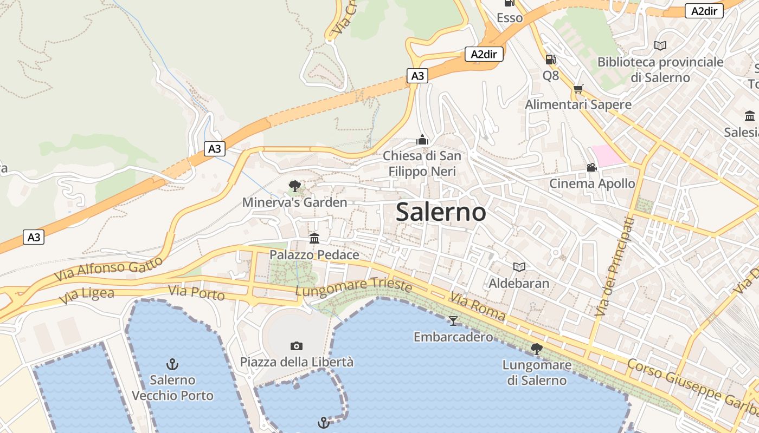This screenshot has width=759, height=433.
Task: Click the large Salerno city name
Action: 441,212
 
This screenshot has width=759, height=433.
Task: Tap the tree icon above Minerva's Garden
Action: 294,187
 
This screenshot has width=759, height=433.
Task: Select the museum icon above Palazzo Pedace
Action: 314,238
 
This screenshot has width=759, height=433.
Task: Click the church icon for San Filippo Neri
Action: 422,140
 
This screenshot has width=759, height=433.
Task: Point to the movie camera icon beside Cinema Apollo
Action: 591,168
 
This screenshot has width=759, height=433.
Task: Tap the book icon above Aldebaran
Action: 519,267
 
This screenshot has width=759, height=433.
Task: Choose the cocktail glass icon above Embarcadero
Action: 453,321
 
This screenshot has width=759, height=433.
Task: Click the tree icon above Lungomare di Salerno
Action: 537,349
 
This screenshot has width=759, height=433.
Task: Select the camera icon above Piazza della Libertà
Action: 296,346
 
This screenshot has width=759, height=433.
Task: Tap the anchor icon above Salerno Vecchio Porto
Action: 172,364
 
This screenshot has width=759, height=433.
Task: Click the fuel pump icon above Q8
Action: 550,60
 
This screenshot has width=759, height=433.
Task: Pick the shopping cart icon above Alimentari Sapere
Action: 578,89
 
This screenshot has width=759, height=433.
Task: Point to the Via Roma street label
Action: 477,306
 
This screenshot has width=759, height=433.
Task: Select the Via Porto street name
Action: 196,293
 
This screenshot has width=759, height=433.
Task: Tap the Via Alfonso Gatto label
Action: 108,269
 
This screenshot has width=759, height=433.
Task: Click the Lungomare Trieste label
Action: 353,286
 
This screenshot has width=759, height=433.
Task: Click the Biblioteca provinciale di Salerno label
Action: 660,70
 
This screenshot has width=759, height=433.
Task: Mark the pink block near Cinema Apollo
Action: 607,155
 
